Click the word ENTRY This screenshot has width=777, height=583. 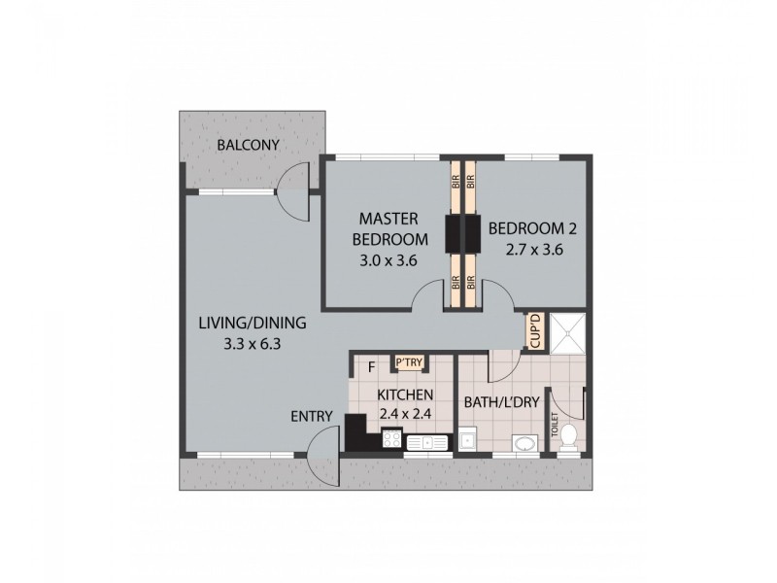312,417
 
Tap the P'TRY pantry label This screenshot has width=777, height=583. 406,362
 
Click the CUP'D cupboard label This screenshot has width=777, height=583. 535,331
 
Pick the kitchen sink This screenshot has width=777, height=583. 427,443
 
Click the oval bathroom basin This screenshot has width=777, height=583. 524,443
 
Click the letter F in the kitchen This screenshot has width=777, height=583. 372,366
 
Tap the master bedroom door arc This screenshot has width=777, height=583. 427,297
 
